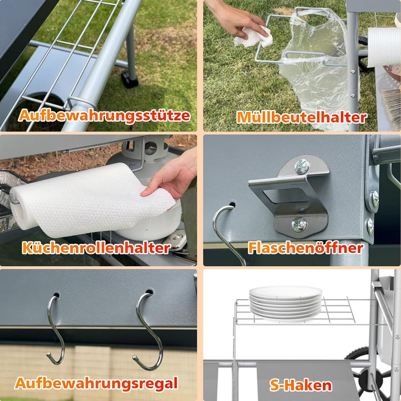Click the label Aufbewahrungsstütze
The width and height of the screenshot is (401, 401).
104,116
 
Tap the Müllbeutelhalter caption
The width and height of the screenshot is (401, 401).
302,117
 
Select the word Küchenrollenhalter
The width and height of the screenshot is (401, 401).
96,247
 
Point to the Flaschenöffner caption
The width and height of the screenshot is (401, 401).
306,247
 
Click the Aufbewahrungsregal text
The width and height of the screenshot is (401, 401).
96,384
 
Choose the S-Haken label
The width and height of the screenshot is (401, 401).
301,385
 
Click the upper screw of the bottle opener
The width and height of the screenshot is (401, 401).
301,167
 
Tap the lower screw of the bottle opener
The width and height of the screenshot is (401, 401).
299,225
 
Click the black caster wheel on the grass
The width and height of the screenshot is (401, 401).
130,79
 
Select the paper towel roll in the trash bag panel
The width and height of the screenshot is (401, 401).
384,47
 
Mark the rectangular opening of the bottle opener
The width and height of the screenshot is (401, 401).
286,196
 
